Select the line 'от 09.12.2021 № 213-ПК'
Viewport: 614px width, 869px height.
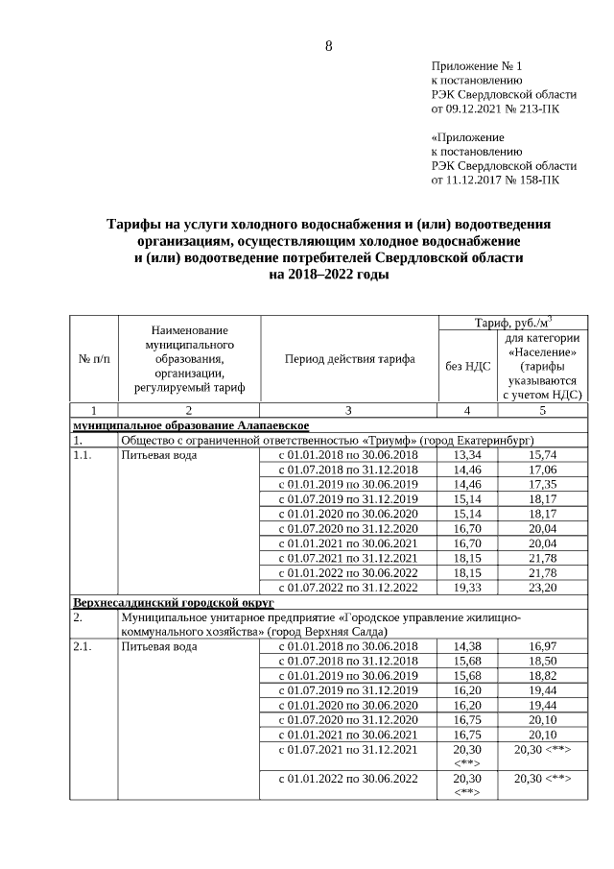coord(496,109)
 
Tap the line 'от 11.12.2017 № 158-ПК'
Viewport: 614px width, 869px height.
coord(496,180)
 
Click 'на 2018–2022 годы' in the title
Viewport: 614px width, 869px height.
coord(328,275)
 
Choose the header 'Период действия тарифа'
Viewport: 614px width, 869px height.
coord(349,359)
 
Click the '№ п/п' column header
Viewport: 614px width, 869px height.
coord(93,359)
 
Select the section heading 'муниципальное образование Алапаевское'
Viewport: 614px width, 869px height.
coord(191,425)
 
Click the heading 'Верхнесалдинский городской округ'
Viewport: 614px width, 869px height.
coord(174,602)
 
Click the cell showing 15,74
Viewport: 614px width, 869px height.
coord(543,455)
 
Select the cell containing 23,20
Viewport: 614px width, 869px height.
coord(543,588)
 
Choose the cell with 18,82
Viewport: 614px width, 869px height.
coord(543,676)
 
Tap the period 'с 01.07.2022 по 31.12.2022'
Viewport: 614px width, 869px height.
coord(348,588)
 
